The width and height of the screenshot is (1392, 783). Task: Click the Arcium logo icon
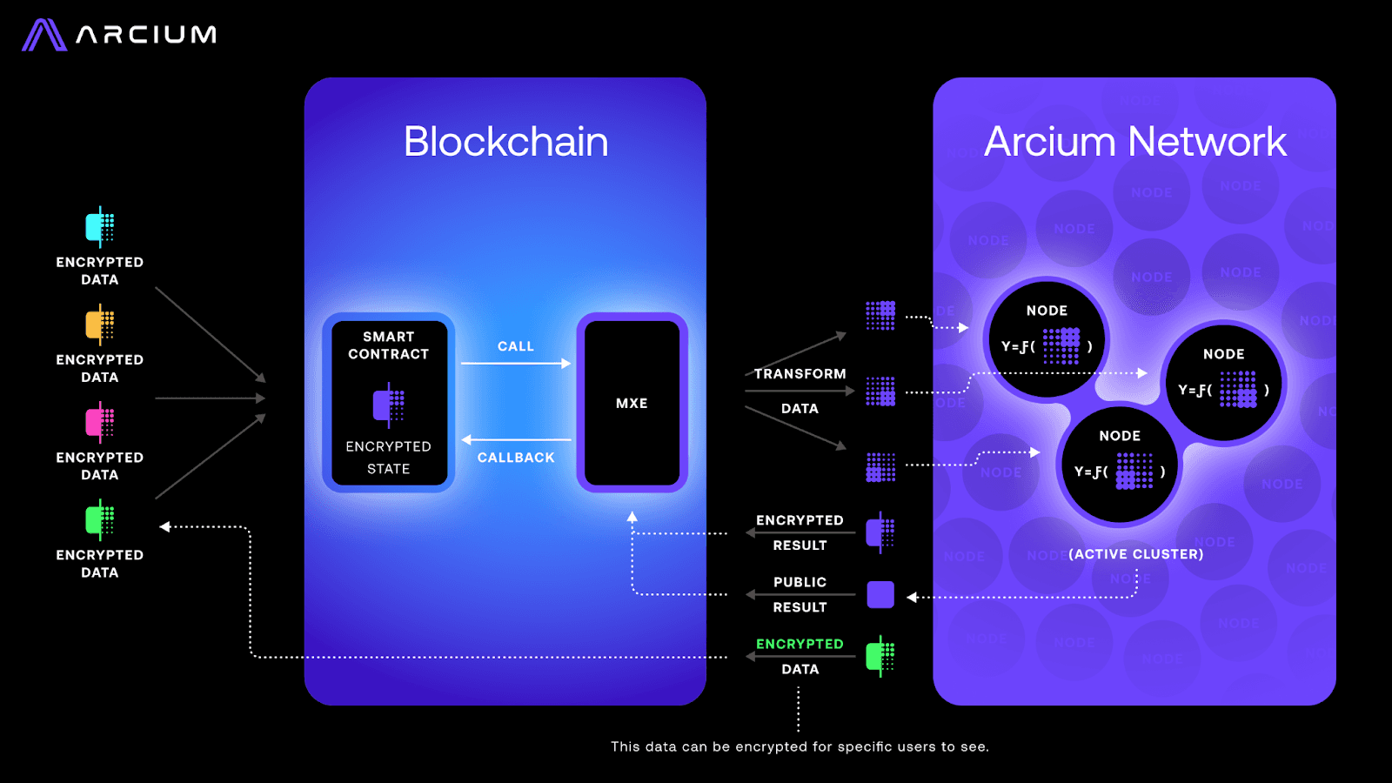(x=43, y=35)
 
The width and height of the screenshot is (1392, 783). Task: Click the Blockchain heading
(x=505, y=142)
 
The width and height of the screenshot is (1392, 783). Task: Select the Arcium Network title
(x=1134, y=142)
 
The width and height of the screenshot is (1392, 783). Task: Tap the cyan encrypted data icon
(x=99, y=227)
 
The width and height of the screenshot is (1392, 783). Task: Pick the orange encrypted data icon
(x=99, y=325)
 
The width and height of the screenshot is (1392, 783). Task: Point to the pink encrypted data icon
(x=99, y=422)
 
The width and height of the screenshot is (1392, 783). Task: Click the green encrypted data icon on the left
(x=99, y=520)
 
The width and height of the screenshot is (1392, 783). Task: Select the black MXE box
(x=632, y=403)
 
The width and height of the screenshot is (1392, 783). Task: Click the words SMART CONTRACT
(x=388, y=345)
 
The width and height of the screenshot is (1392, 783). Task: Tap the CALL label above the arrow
(x=516, y=346)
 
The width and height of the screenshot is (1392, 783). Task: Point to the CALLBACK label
(x=516, y=458)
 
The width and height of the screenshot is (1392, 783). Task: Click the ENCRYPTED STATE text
(x=388, y=458)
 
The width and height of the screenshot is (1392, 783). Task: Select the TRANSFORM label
(x=800, y=374)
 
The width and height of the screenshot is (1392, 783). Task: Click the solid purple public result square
(x=880, y=595)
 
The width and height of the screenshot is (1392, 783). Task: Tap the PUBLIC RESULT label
(x=800, y=594)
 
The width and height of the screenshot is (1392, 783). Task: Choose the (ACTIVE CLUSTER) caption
(x=1135, y=554)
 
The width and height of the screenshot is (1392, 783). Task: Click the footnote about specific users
(x=800, y=746)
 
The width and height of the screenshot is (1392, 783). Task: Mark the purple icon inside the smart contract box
(x=388, y=405)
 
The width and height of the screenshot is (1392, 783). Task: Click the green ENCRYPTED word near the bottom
(x=800, y=644)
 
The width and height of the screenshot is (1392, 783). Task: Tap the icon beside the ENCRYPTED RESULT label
(x=880, y=532)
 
